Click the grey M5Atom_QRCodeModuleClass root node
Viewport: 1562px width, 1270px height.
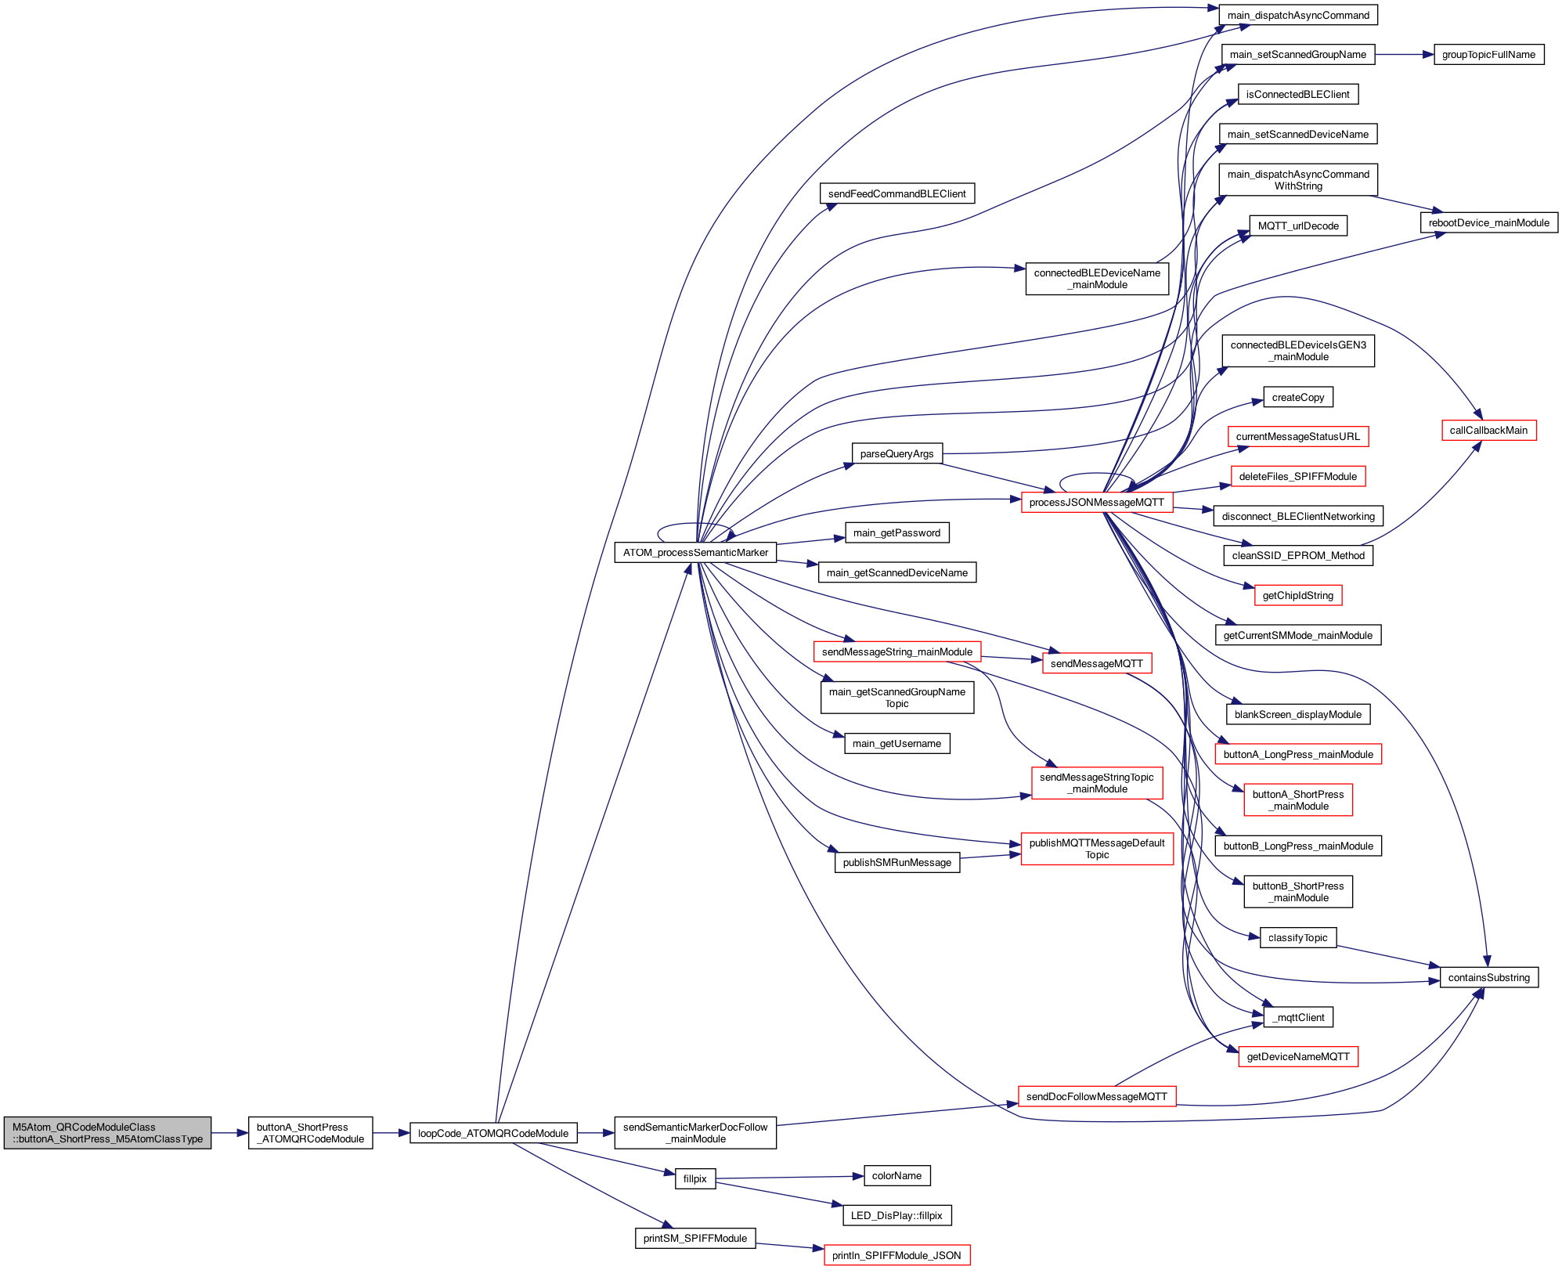click(107, 1133)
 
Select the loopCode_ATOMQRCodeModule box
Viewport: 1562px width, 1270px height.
click(493, 1133)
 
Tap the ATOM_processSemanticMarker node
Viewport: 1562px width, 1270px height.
click(695, 553)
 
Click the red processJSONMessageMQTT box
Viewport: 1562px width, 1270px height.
click(1096, 503)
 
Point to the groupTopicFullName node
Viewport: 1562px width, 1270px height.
click(1488, 55)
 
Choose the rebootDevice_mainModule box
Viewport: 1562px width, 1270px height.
click(1488, 223)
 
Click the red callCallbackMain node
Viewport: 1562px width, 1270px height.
click(1488, 431)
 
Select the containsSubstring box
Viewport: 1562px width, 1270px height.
click(1488, 978)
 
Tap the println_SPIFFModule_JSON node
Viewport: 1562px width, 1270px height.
click(896, 1256)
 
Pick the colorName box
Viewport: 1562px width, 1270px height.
click(896, 1176)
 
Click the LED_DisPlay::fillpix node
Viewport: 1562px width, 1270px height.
click(896, 1216)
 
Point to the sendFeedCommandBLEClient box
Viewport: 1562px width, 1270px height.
click(896, 194)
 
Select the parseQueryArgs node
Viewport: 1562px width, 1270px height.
click(896, 454)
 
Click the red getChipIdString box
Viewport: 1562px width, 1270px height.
click(1297, 596)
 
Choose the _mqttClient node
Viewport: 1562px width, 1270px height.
click(1297, 1018)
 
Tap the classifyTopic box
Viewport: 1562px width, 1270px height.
click(1297, 938)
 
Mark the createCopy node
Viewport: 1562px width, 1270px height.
click(1297, 398)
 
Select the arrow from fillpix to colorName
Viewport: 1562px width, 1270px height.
click(783, 1178)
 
